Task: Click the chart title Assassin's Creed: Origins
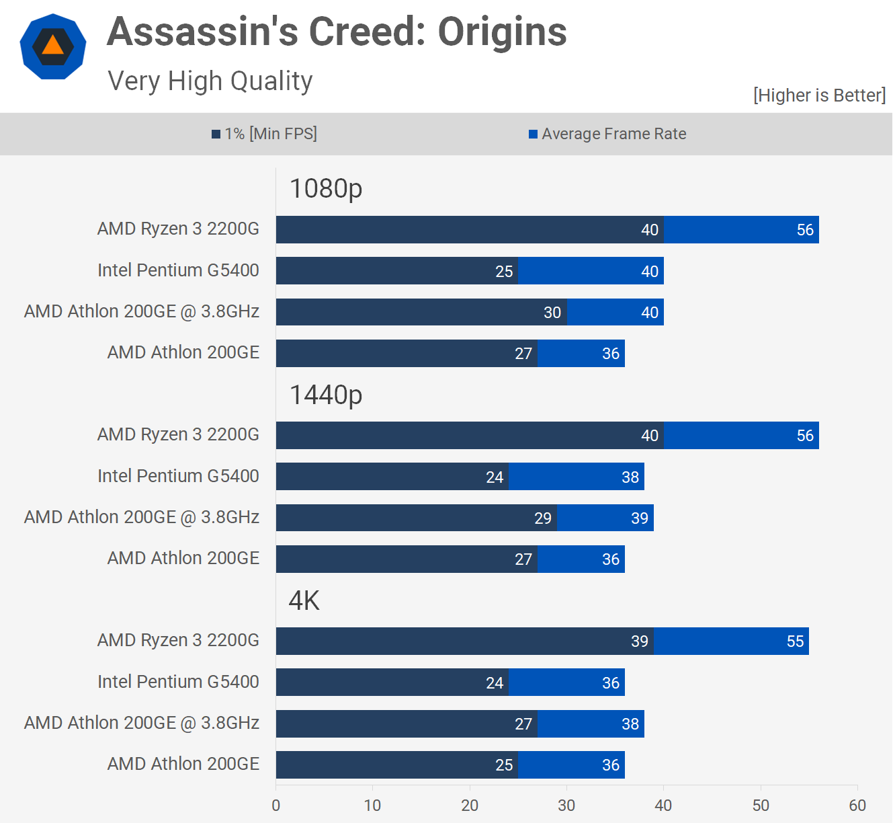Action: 337,32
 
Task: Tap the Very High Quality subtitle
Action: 210,81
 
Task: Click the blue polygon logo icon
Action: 53,46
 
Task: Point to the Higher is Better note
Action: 819,95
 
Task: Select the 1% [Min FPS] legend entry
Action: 264,134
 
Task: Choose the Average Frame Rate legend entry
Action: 607,134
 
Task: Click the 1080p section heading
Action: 325,188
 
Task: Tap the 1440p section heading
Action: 325,395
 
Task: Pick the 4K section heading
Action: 304,600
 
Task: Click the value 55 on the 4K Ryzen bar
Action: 795,641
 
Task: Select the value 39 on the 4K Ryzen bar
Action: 640,641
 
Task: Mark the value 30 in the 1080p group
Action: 552,313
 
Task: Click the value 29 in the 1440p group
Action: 543,518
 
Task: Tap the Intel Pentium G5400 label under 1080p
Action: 178,270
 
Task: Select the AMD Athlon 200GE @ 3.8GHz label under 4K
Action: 142,723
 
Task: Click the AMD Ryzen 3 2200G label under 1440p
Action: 178,434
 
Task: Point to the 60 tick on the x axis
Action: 857,806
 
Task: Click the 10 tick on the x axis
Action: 372,806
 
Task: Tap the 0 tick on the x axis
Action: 275,806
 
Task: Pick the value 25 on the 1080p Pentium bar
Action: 504,272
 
